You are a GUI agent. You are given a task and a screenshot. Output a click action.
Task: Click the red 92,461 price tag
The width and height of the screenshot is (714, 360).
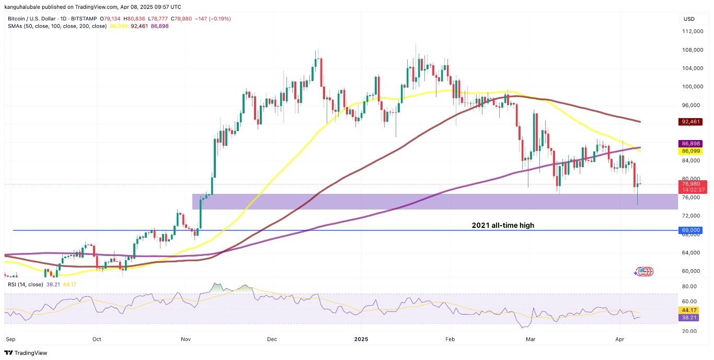tap(690, 122)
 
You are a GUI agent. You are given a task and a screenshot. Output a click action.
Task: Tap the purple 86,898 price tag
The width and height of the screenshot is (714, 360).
tap(690, 143)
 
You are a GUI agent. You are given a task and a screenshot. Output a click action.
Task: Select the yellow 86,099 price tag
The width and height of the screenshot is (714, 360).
tap(690, 152)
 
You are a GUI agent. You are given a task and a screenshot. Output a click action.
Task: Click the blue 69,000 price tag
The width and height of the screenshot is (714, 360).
tap(690, 230)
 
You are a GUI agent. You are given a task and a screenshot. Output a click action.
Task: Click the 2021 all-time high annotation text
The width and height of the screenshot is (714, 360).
tap(503, 226)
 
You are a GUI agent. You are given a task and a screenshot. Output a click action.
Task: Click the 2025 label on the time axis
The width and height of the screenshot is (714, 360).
tap(361, 339)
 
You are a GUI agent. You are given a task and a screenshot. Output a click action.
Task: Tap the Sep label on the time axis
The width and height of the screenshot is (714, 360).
tap(10, 339)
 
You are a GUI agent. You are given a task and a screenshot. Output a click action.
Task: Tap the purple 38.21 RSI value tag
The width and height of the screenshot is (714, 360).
tap(690, 317)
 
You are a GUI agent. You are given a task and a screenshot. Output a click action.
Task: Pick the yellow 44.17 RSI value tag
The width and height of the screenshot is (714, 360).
tap(690, 310)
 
